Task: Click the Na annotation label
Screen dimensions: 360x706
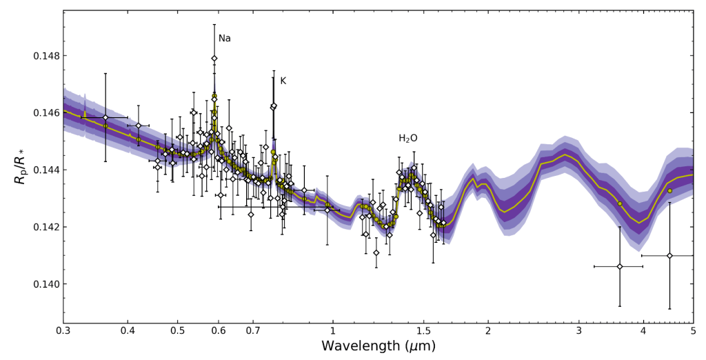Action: point(224,39)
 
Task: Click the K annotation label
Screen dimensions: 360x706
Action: point(283,81)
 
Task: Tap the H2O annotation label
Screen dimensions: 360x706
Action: point(407,139)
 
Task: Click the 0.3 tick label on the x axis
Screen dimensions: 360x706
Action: point(63,332)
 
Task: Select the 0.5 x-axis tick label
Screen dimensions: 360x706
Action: point(178,332)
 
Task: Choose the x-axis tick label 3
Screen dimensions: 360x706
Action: point(579,332)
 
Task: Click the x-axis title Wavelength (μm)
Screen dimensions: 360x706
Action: point(378,347)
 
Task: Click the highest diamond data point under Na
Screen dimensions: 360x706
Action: point(214,59)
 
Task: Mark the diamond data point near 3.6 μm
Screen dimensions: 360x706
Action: point(619,266)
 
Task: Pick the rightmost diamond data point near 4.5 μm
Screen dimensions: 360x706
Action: point(669,256)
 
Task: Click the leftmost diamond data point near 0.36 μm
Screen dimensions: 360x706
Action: point(105,117)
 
